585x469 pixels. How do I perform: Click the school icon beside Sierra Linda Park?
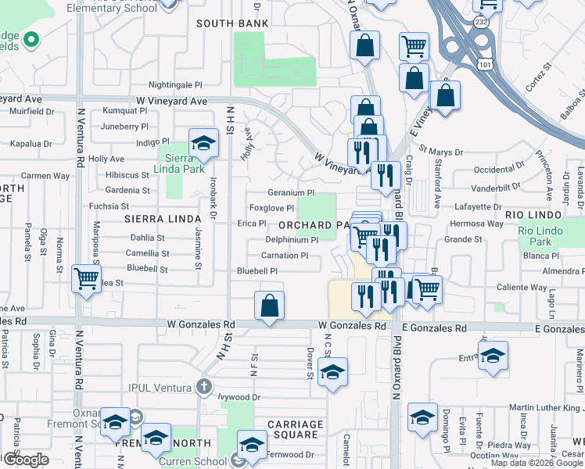coord(203,145)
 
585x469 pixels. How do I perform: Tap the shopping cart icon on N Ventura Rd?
coord(86,279)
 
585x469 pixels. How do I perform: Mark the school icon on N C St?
coord(332,373)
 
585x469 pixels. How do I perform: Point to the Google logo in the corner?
coord(26,460)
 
